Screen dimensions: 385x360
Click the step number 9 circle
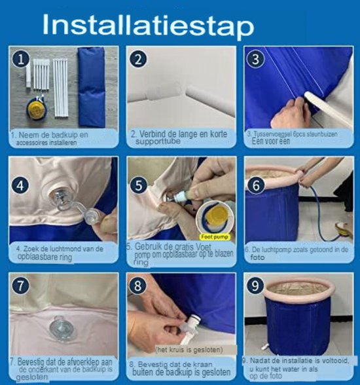[x=255, y=285]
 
